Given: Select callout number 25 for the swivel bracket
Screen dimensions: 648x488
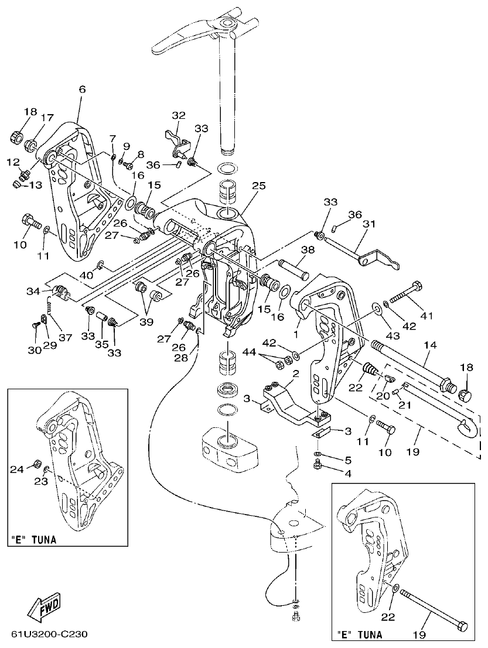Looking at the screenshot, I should [259, 185].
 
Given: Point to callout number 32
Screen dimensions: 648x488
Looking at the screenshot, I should [179, 115].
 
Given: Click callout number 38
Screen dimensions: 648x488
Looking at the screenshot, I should [308, 249].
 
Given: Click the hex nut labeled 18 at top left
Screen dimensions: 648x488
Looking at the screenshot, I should [16, 138].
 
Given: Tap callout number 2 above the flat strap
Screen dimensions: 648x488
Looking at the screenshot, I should [296, 373].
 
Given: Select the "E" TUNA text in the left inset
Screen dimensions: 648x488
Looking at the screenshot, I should [33, 540].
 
